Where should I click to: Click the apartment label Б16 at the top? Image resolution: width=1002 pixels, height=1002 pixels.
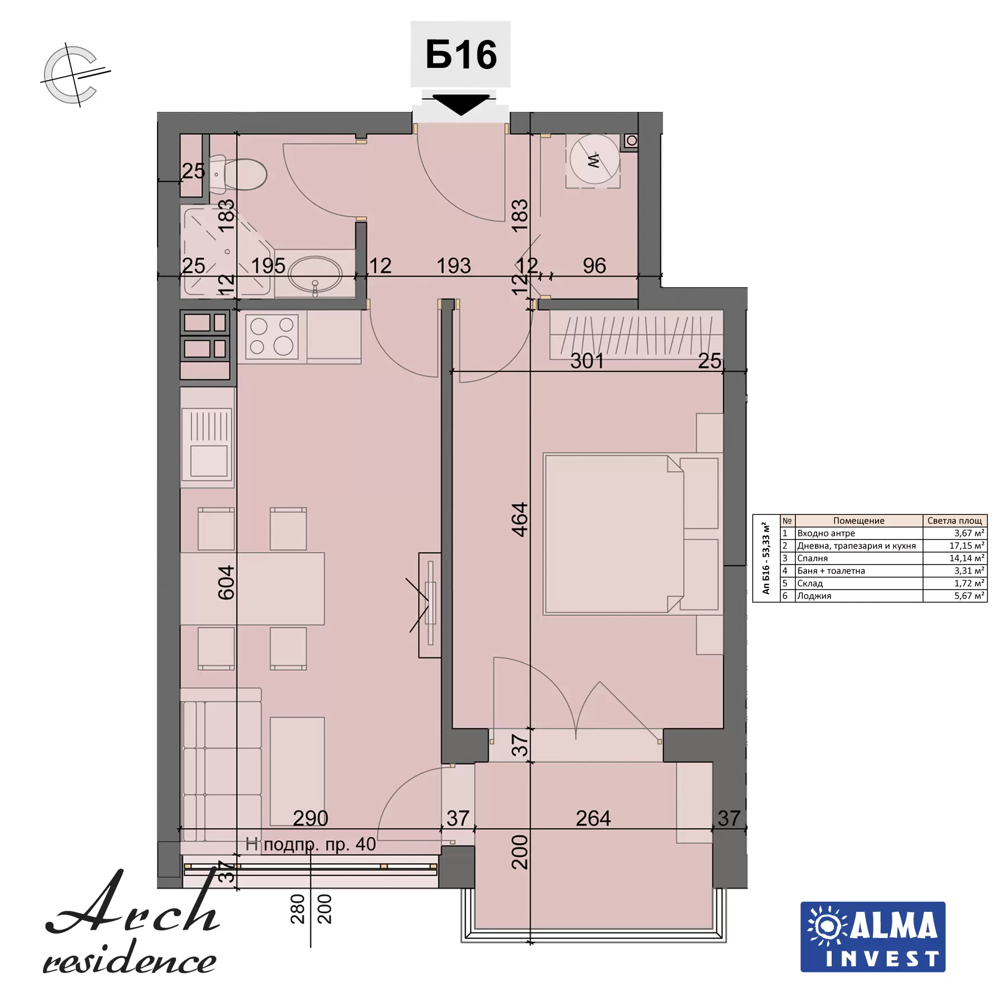point(461,55)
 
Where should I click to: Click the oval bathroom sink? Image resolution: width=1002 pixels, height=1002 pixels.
point(316,274)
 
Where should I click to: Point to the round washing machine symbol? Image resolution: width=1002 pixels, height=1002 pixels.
point(594,160)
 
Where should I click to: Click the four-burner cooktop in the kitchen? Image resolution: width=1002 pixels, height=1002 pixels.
point(272,336)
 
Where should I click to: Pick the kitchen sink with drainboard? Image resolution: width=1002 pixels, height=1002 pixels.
point(208,443)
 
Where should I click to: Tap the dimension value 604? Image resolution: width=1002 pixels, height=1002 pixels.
point(226,582)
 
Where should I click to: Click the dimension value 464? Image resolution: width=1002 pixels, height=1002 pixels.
point(519,519)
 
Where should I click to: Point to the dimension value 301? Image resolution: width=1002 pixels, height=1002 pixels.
point(587,361)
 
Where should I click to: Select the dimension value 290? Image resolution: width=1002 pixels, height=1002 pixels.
point(311,818)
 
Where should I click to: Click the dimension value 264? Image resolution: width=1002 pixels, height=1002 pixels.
point(593,818)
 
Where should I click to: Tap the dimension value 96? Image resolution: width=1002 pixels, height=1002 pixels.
point(595,266)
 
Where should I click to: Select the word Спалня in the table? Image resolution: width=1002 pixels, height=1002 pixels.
point(812,558)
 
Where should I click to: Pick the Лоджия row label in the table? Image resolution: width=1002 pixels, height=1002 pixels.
point(814,596)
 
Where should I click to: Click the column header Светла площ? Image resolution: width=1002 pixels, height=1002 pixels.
point(955,520)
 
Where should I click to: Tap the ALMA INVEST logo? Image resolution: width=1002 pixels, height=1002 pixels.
point(873,937)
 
